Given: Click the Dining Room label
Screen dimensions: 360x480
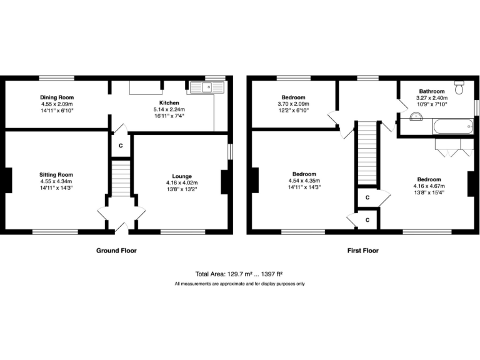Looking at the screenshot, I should coord(57,97).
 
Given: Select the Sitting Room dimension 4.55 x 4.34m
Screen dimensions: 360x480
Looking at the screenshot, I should coord(56,181).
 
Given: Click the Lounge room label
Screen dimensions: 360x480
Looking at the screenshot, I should coord(182,176).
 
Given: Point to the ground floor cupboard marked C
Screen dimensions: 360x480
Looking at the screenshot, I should coord(120,145).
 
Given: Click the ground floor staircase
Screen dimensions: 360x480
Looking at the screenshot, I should coord(120,177).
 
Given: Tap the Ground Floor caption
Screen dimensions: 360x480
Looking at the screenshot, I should coord(116,251).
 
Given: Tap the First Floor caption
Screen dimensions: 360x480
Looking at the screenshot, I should coord(363,251).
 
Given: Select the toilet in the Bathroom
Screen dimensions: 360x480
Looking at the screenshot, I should coord(460,88).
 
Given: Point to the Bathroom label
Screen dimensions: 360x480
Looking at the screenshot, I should coord(431,91).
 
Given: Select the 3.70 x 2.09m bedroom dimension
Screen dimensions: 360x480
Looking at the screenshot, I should coord(293,104).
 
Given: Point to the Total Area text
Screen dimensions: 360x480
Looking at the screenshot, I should coord(240,274).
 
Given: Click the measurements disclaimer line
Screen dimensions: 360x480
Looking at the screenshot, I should coord(240,284).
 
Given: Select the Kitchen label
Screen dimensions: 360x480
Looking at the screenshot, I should coord(169,103).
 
